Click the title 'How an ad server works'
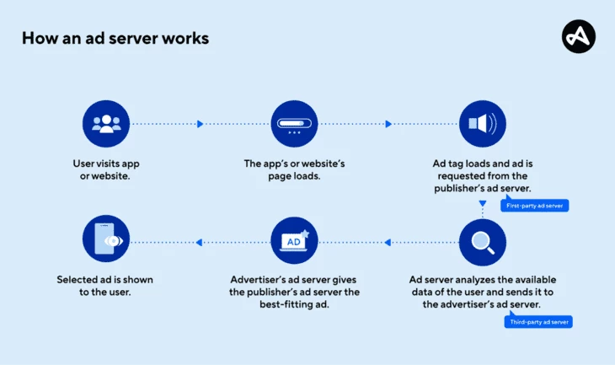point(115,39)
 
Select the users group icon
point(106,124)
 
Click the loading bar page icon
point(294,124)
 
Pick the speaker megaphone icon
point(483,124)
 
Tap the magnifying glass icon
point(483,243)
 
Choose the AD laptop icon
point(294,243)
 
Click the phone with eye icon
point(106,243)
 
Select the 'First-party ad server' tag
point(535,205)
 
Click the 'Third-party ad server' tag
point(539,322)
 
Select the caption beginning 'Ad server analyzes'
point(483,292)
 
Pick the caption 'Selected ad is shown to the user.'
point(106,285)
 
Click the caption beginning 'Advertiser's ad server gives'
point(294,292)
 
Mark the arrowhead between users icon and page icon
point(201,124)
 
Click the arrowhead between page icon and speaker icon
point(388,124)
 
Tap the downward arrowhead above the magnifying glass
point(483,203)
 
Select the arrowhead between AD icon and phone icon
point(200,243)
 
